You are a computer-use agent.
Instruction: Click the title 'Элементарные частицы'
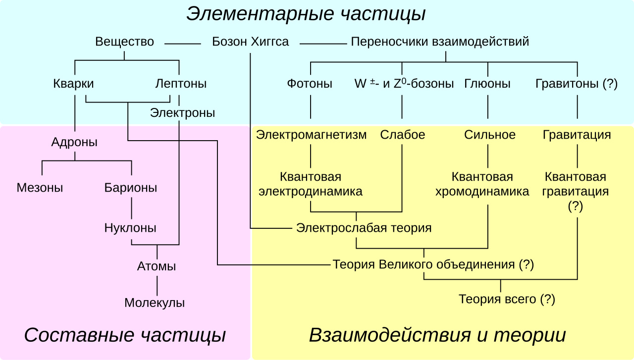point(306,14)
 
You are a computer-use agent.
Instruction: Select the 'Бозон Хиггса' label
point(250,42)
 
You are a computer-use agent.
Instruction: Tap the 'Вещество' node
point(124,42)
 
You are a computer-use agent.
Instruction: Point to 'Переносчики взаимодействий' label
point(440,42)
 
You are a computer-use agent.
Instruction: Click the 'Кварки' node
point(73,84)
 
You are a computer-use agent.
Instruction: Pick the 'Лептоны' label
point(181,84)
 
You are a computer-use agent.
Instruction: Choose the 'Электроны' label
point(182,113)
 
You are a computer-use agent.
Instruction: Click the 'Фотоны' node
point(310,84)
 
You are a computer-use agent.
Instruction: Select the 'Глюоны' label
point(487,84)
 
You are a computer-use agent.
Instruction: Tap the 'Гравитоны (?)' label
point(577,84)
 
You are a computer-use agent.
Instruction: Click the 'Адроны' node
point(74,143)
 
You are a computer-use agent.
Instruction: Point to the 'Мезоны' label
point(40,188)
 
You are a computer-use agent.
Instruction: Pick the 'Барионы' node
point(131,188)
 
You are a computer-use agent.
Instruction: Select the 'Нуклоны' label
point(130,228)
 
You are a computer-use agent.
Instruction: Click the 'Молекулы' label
point(155,303)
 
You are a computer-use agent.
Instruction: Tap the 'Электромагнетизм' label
point(311,135)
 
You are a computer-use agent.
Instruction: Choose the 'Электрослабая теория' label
point(364,228)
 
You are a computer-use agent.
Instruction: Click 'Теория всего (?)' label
point(507,299)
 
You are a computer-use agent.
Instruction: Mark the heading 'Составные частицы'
point(125,336)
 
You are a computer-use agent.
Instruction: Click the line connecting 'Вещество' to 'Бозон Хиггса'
point(183,44)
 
